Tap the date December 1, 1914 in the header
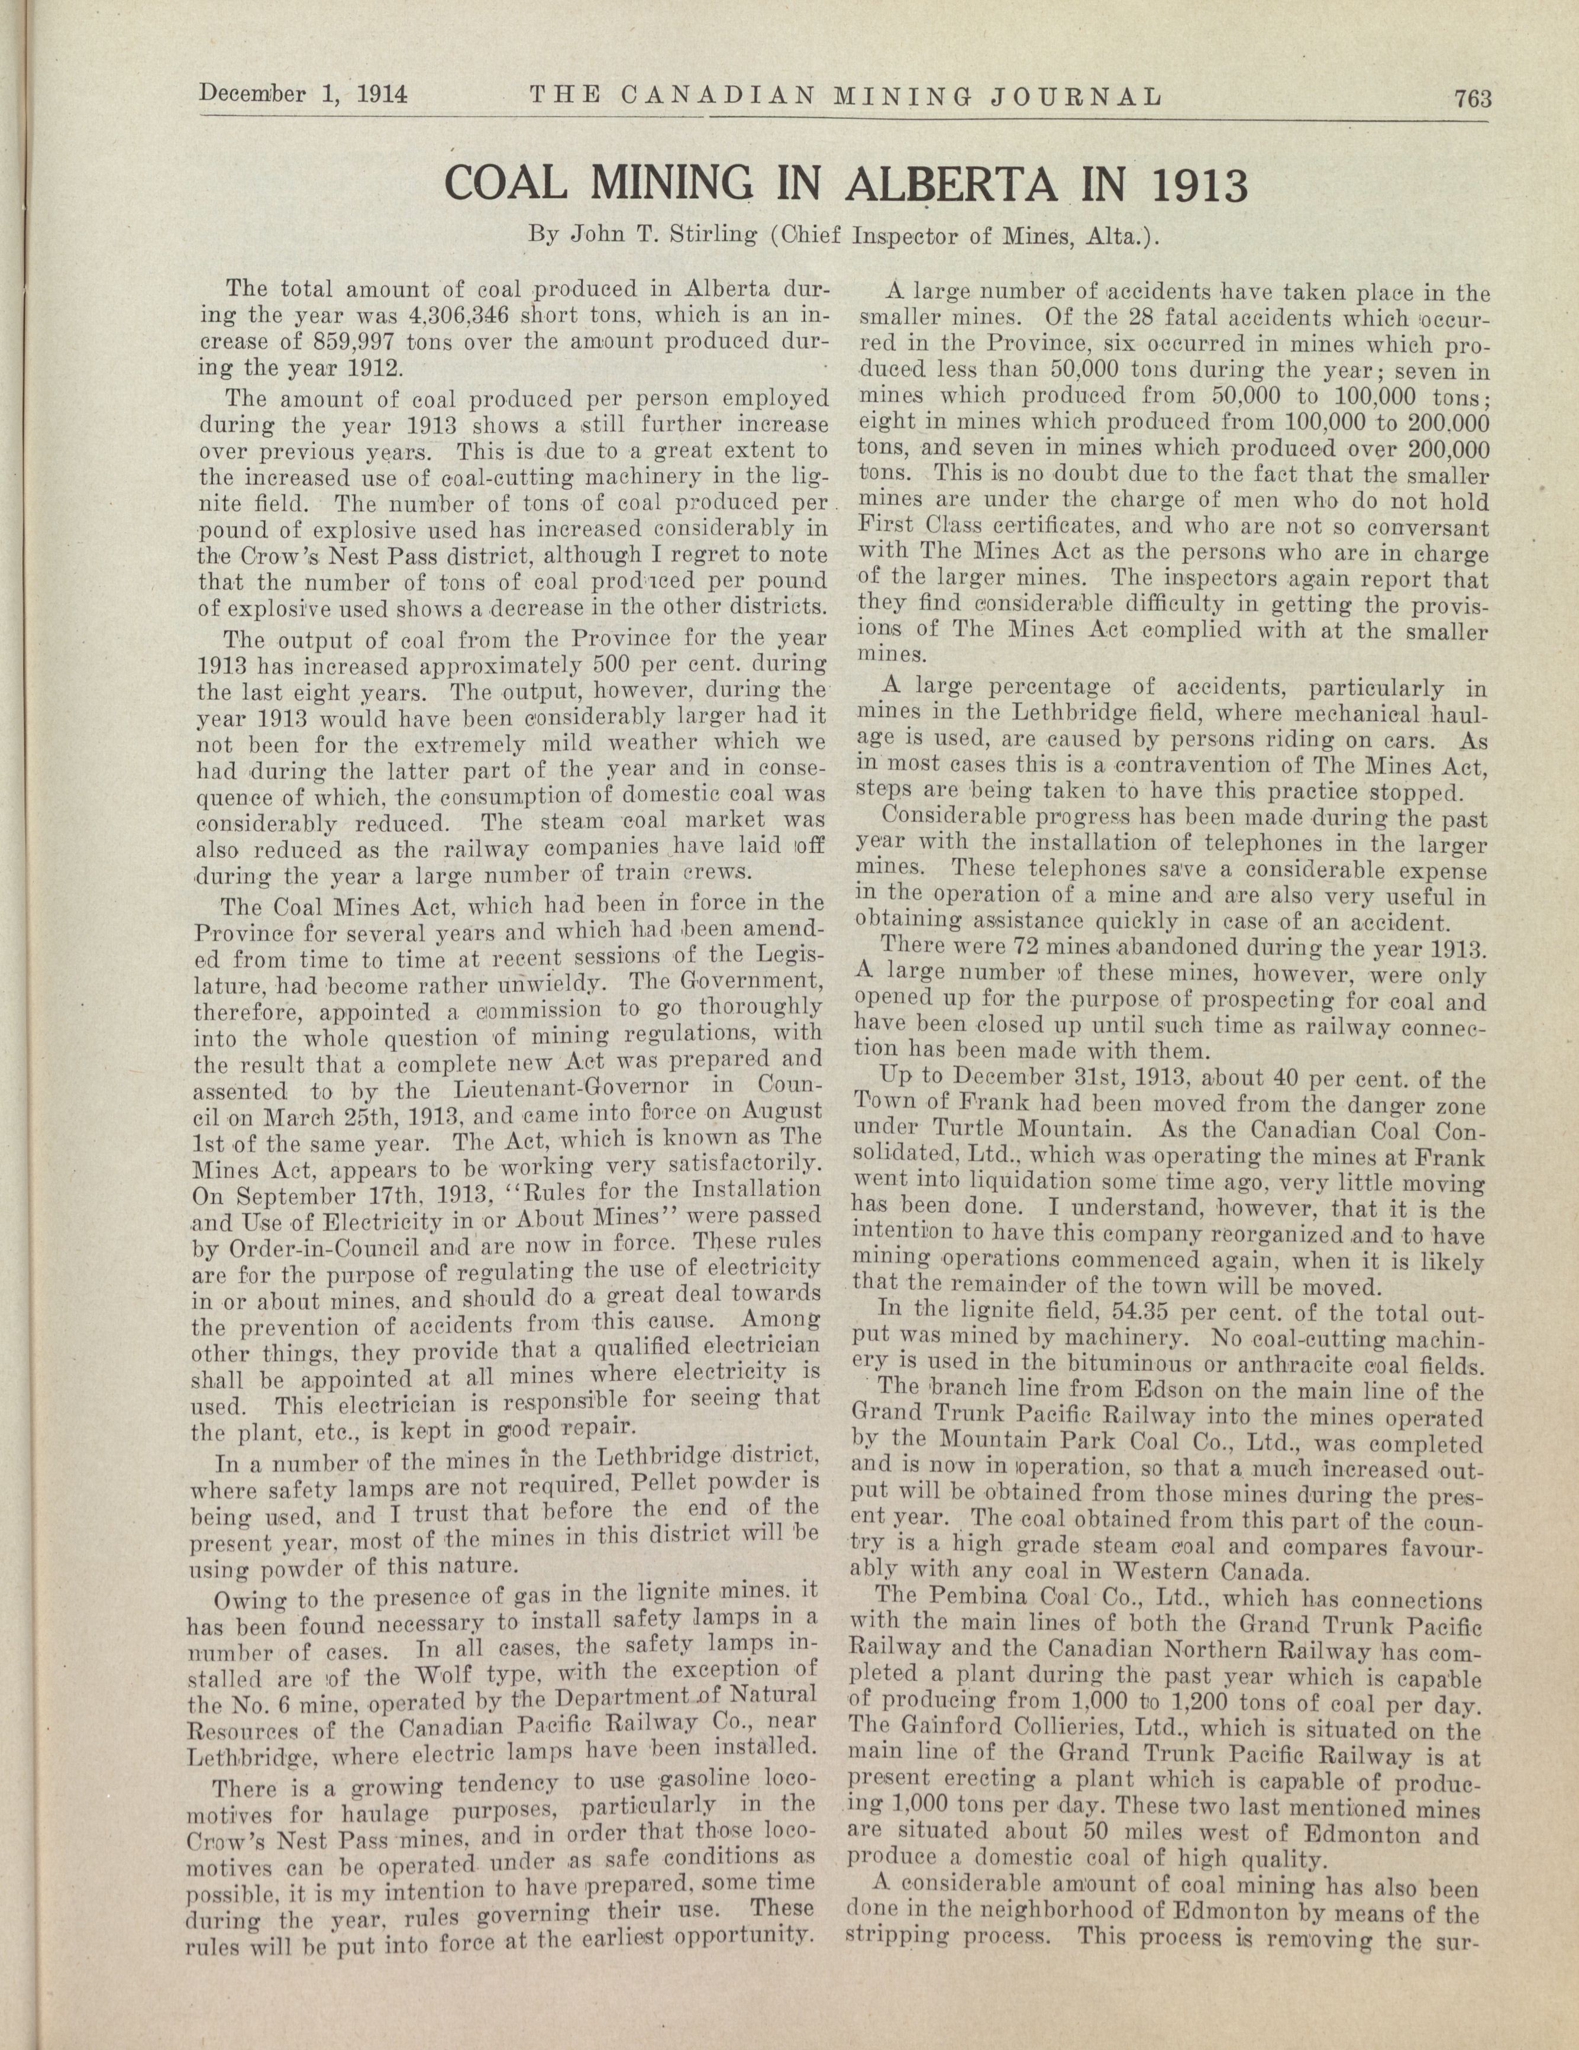click(x=301, y=94)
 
